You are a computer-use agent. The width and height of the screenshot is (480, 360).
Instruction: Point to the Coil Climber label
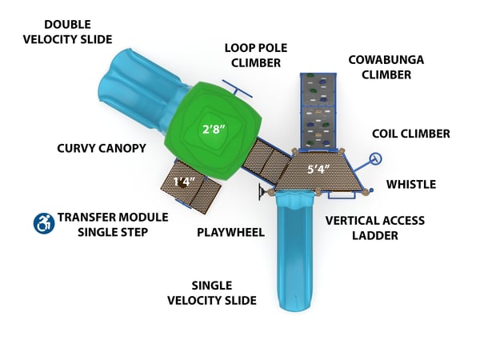[411, 134]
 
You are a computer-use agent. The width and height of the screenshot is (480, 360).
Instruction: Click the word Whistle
[411, 184]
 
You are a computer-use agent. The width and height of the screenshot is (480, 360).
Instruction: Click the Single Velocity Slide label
[212, 293]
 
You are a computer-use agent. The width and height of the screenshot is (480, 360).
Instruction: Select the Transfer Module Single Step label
[113, 224]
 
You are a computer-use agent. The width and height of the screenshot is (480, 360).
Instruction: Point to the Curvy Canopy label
[101, 148]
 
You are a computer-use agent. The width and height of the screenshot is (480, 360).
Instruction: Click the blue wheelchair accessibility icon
[42, 223]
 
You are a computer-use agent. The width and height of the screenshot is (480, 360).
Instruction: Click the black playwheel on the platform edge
[261, 191]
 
